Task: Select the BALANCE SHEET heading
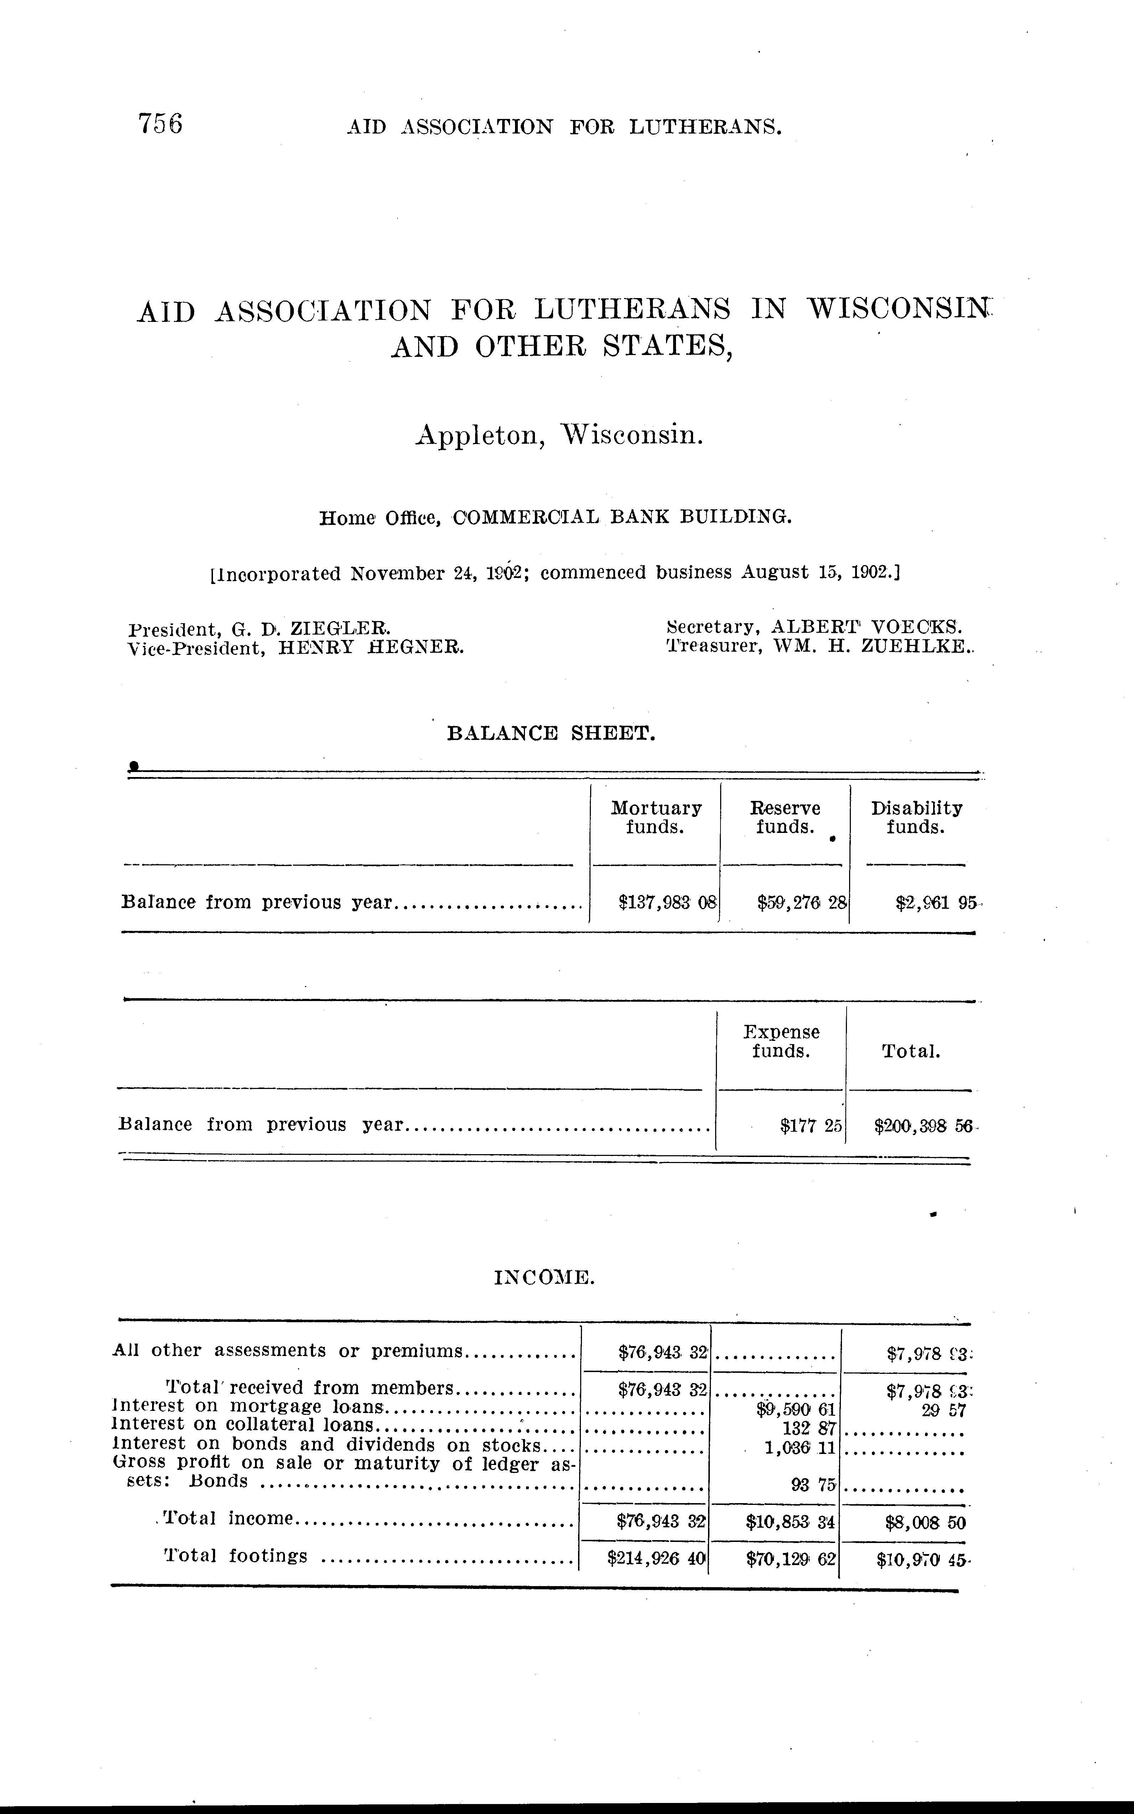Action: (551, 734)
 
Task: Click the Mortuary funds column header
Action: (656, 817)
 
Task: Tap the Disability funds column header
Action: (916, 817)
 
